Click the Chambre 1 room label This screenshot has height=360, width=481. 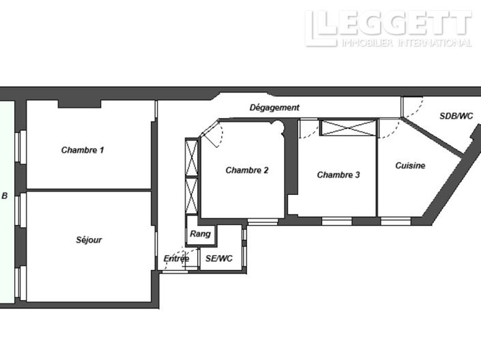83,150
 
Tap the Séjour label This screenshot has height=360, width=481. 89,240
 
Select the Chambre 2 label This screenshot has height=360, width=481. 247,170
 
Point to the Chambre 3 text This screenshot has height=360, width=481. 338,175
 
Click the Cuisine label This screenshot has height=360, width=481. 410,166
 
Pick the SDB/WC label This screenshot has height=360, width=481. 456,116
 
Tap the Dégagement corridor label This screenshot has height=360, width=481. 274,108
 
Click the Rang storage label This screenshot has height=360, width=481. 201,234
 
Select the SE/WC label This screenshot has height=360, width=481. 219,258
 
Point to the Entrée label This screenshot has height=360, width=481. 177,258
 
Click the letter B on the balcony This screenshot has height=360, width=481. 5,196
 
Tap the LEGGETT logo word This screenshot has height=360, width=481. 388,24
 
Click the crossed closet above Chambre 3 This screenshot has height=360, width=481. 348,127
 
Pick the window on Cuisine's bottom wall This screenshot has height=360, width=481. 396,221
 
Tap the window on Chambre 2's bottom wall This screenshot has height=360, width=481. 263,222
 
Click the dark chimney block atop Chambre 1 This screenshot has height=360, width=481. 79,104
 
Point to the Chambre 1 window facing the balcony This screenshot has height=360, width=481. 21,147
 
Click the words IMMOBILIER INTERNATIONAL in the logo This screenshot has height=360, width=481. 407,43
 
